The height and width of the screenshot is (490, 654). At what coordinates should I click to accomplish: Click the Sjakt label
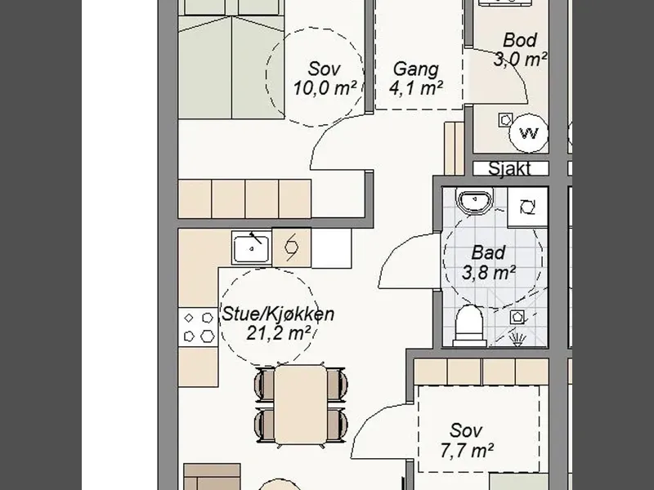[x=509, y=169]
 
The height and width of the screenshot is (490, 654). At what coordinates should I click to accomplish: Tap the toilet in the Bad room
[x=470, y=326]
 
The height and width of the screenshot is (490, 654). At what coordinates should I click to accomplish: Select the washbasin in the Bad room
[x=475, y=200]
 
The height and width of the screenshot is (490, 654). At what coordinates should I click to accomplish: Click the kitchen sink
[x=252, y=247]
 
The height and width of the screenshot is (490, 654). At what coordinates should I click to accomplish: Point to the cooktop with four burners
[x=198, y=327]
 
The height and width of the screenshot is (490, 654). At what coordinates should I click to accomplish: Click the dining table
[x=300, y=404]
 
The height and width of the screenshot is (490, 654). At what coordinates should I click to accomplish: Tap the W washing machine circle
[x=528, y=133]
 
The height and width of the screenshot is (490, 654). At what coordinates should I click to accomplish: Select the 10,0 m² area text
[x=325, y=88]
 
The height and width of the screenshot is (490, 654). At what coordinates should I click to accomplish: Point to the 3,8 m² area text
[x=488, y=273]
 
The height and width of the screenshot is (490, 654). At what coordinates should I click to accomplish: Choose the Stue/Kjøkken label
[x=278, y=314]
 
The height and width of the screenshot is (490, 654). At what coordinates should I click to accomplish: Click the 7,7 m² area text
[x=467, y=451]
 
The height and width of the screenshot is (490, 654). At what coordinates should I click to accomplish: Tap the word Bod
[x=520, y=40]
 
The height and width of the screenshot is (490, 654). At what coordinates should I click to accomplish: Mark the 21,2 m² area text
[x=278, y=333]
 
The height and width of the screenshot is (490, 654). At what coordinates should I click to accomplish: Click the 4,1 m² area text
[x=416, y=88]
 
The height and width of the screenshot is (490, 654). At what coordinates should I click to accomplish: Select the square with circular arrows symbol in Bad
[x=527, y=207]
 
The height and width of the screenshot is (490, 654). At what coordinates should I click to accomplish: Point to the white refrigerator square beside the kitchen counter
[x=331, y=248]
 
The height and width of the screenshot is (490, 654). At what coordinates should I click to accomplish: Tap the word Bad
[x=488, y=253]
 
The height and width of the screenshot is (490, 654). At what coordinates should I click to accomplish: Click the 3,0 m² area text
[x=520, y=59]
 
